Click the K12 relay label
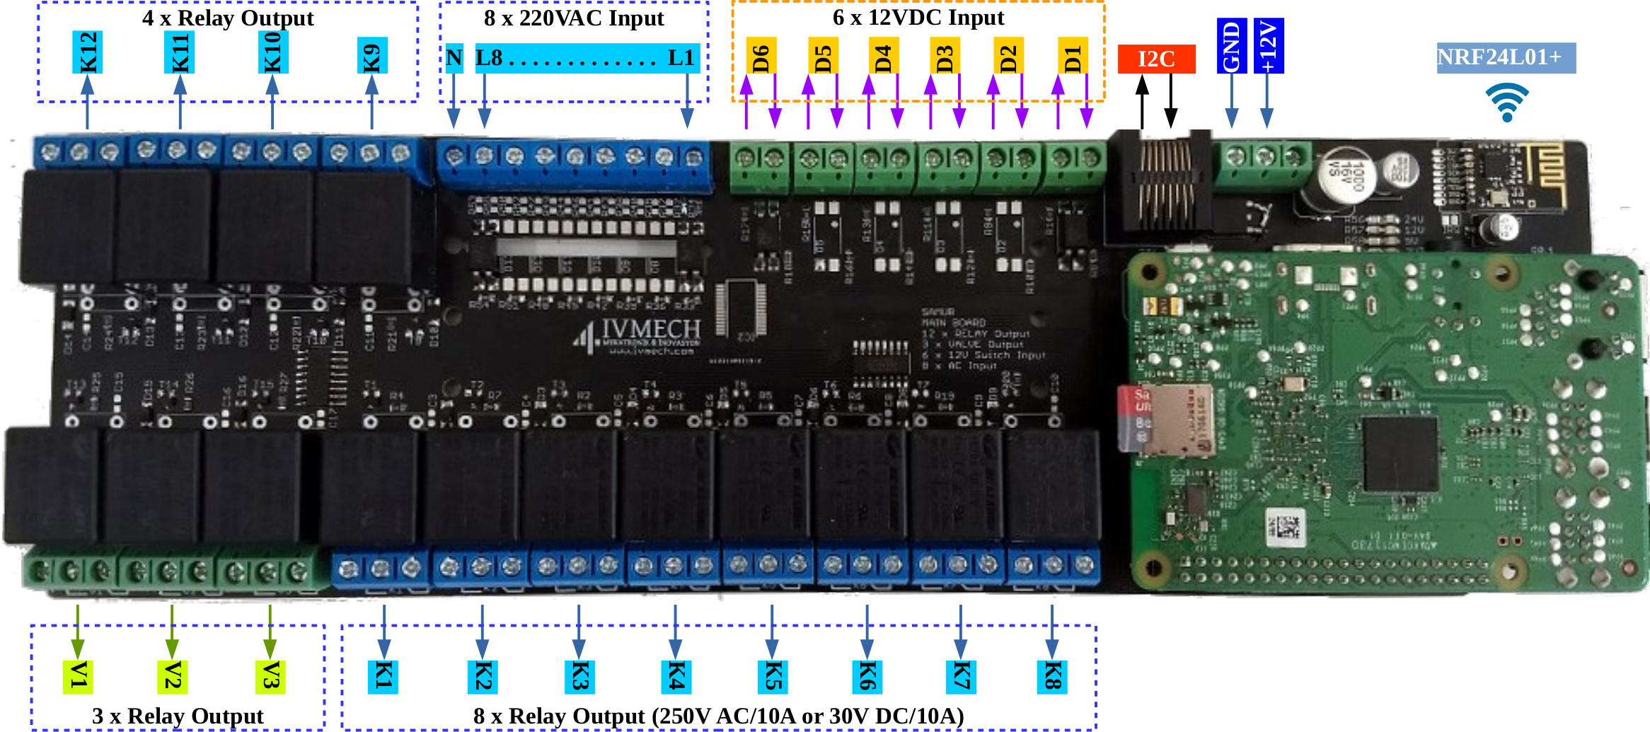pos(88,52)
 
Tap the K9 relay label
pos(372,56)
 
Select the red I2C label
pos(1156,59)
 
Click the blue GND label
pos(1231,46)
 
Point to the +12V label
pos(1268,46)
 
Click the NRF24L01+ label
pos(1506,57)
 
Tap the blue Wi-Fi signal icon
pos(1506,102)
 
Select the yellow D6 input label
pos(761,56)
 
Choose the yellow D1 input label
pos(1073,56)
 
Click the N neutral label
pos(454,58)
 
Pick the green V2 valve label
pos(172,676)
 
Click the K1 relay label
pos(383,677)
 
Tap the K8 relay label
pos(1051,677)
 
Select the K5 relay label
pos(773,677)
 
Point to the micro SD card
pos(1164,419)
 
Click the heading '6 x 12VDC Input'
pos(918,18)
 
